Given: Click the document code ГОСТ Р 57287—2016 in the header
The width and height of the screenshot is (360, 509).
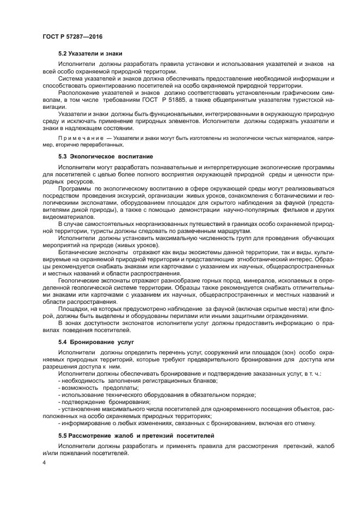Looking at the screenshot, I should [x=72, y=36].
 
